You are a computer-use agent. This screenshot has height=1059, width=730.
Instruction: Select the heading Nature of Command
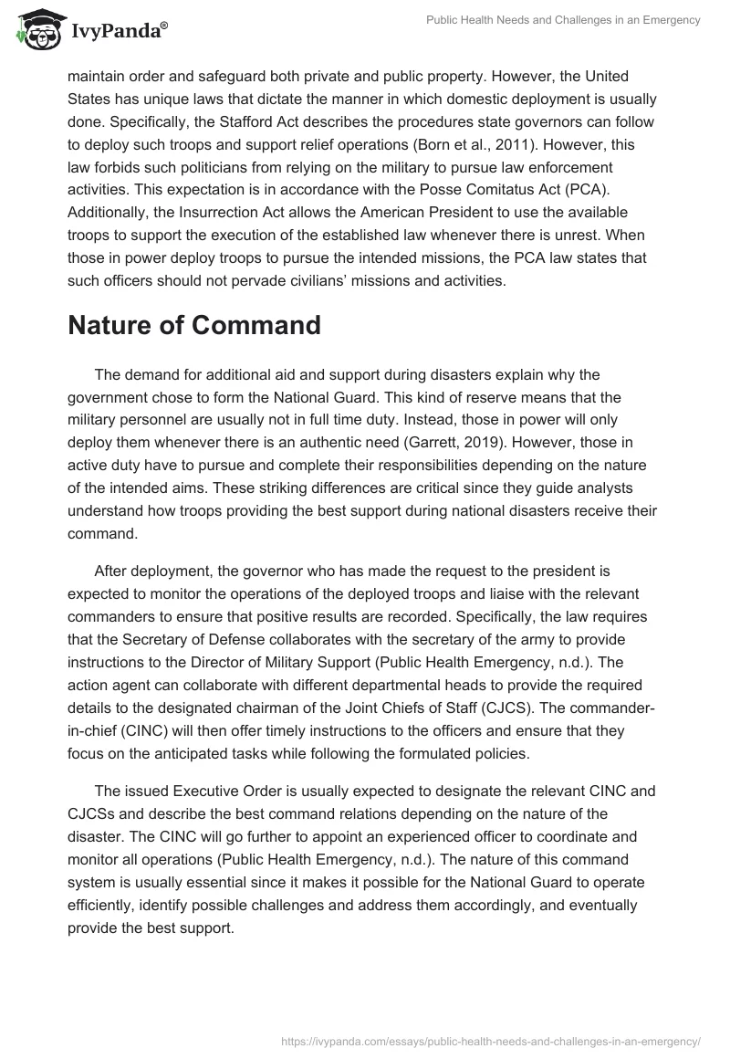[194, 325]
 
